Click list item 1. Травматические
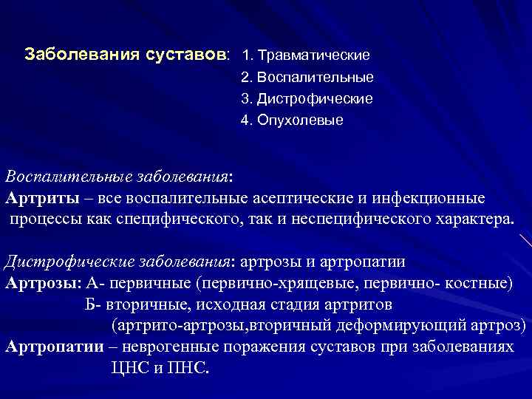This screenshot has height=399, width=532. click(x=305, y=55)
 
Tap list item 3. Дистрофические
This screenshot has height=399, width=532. click(x=307, y=98)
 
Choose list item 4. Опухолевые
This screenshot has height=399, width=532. click(x=292, y=120)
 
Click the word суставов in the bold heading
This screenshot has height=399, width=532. click(x=189, y=55)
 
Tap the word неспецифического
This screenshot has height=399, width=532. click(x=330, y=219)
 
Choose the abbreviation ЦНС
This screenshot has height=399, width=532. click(x=126, y=368)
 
